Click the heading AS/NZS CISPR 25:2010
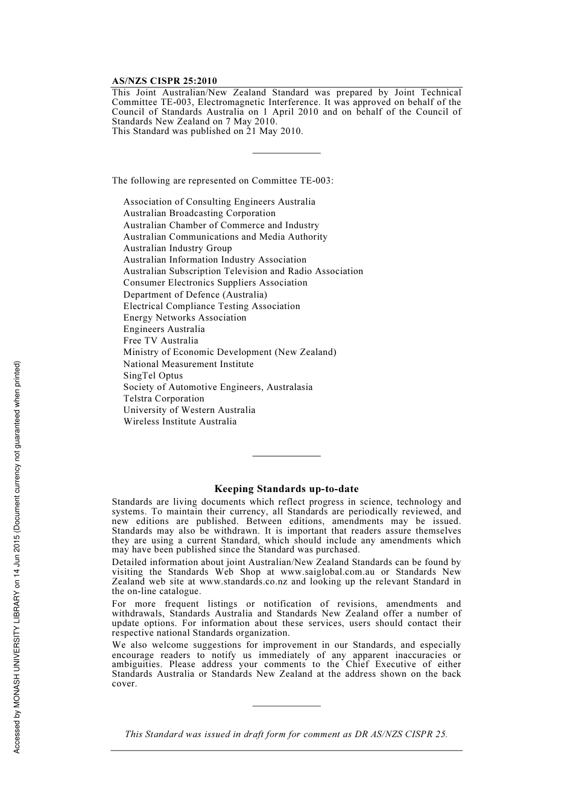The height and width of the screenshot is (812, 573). tap(164, 81)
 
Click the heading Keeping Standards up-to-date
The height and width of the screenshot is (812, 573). tap(286, 489)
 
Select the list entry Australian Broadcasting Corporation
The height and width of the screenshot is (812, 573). tap(199, 213)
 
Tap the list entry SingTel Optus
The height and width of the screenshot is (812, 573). tap(153, 376)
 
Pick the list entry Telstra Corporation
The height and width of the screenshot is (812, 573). tap(163, 398)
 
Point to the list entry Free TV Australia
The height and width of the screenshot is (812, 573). tap(160, 340)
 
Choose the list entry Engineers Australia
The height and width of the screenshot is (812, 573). tap(164, 329)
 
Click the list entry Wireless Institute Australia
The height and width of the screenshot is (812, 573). tap(180, 421)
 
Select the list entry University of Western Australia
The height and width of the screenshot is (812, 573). tap(189, 410)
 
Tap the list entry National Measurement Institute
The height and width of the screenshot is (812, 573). tap(188, 364)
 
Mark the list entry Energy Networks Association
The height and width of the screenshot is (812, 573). tap(185, 318)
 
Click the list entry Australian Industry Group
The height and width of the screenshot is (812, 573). tap(177, 248)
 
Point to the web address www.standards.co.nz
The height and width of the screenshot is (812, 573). tap(243, 581)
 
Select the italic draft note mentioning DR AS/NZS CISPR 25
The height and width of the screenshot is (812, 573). tap(286, 734)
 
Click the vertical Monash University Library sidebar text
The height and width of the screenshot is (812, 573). tap(17, 557)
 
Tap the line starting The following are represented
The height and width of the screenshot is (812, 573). tap(222, 181)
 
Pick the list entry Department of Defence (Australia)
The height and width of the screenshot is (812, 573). tap(195, 295)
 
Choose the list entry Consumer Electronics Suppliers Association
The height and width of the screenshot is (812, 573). tap(215, 283)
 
